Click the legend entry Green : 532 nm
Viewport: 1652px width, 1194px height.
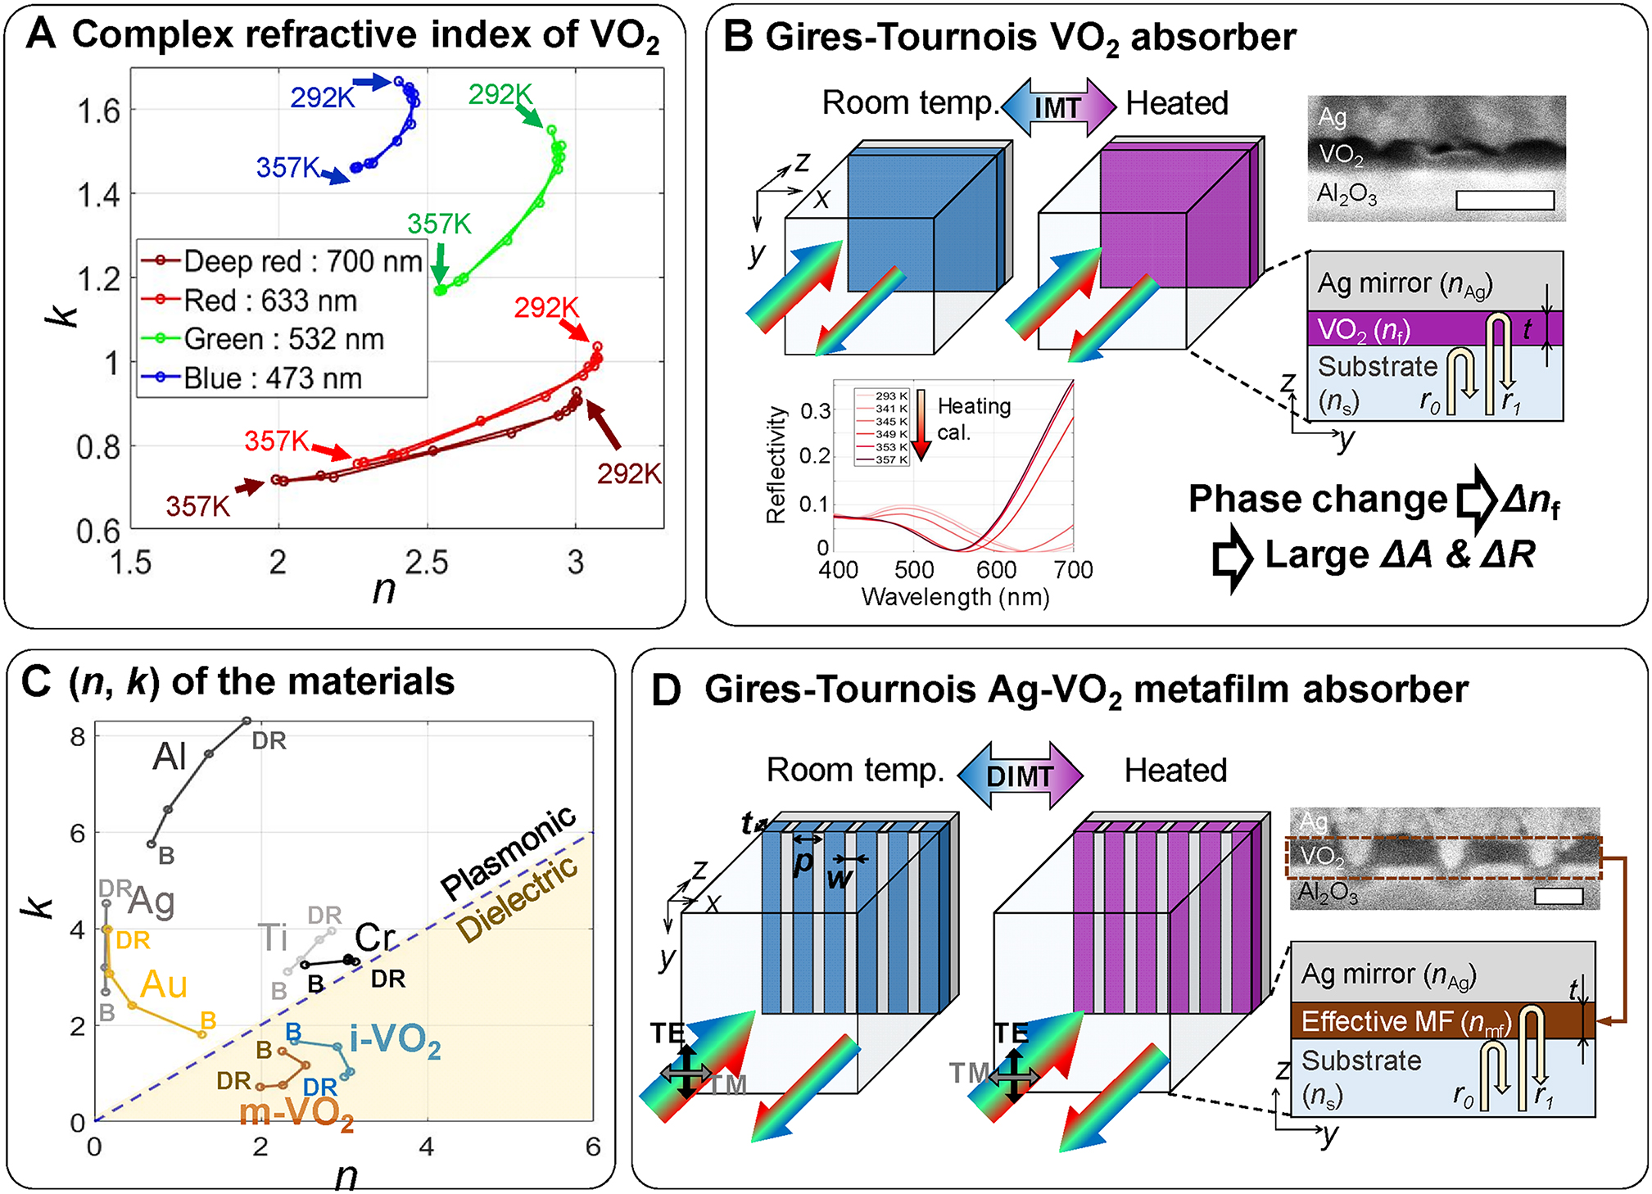(x=283, y=339)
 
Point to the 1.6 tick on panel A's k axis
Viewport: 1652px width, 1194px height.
(x=98, y=111)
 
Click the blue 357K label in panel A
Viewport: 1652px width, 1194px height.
(x=287, y=168)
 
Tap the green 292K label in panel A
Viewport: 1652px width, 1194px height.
(x=500, y=95)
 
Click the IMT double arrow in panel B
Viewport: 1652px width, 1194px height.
(x=1058, y=106)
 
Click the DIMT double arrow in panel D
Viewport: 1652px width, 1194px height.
(x=1020, y=776)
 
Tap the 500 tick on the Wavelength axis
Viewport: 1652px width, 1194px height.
(x=914, y=569)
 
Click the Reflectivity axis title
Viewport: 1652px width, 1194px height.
(x=776, y=464)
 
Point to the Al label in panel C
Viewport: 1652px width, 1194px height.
(x=170, y=756)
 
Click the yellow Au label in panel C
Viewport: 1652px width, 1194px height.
(x=164, y=984)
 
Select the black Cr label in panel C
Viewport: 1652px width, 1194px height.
(x=375, y=938)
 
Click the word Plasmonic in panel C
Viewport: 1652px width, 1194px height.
(x=508, y=852)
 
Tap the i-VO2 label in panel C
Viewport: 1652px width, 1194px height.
(x=395, y=1041)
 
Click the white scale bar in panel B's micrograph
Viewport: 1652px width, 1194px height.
(x=1505, y=200)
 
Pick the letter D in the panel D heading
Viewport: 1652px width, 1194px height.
(x=666, y=690)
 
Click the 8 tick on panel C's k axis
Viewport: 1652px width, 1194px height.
(x=78, y=736)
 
